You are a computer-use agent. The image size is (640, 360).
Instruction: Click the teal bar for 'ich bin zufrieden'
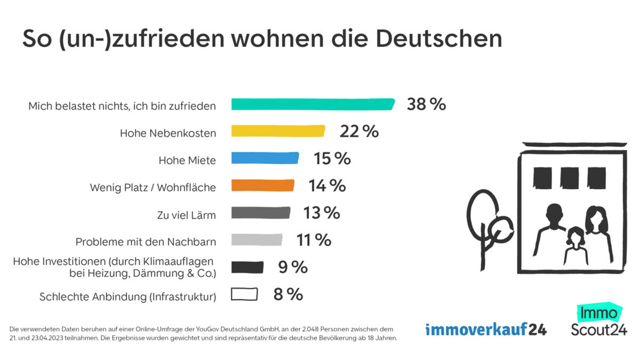coord(313,104)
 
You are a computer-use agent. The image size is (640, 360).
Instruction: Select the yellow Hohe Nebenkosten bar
coord(278,131)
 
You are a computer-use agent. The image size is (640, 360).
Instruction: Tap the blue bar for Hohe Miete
coord(265,158)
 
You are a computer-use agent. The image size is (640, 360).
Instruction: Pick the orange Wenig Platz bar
coord(262,185)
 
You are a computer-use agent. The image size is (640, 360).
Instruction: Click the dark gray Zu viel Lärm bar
coord(260,213)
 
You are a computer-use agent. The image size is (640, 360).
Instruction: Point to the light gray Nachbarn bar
coord(257,240)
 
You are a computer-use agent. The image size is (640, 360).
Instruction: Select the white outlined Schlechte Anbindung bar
coord(244,294)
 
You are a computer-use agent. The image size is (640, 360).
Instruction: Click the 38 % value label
coord(426,104)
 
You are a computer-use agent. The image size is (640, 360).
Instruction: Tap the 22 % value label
coord(359,131)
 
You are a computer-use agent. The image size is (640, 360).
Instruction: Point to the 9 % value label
coord(293,267)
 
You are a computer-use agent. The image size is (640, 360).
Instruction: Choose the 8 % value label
coord(288,294)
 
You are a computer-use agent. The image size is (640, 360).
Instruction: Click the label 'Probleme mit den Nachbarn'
coord(146,242)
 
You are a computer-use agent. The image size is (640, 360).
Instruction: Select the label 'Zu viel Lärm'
coord(187,215)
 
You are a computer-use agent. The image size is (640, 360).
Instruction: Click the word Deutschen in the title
coord(439,38)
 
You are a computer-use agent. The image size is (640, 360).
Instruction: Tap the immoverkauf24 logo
coord(486,329)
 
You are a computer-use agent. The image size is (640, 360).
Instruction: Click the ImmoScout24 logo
coord(598,322)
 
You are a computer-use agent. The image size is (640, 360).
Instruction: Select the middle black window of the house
coord(570,178)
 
